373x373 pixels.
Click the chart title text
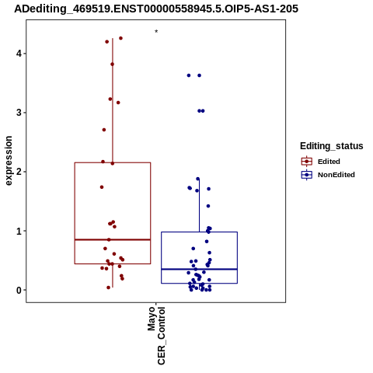[x=156, y=9]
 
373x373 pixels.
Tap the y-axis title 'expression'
[x=9, y=161]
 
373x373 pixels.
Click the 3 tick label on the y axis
[x=19, y=113]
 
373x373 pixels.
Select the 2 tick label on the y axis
[x=19, y=172]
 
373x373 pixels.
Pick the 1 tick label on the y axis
[x=19, y=231]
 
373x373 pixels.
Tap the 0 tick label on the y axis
[x=19, y=291]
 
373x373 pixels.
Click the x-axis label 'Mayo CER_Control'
[x=156, y=336]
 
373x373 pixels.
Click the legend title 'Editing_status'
[x=332, y=146]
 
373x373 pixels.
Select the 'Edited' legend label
[x=329, y=162]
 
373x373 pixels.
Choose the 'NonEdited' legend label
[x=336, y=175]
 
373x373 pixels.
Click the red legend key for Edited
[x=307, y=162]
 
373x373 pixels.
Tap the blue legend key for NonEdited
[x=307, y=175]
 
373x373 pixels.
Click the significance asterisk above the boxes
[x=156, y=32]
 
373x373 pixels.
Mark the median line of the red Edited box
[x=113, y=239]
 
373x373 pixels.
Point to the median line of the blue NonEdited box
[x=200, y=270]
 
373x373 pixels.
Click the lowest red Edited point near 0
[x=109, y=288]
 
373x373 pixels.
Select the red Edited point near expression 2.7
[x=104, y=130]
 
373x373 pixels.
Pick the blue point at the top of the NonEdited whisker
[x=198, y=179]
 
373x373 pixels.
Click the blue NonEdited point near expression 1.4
[x=208, y=206]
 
